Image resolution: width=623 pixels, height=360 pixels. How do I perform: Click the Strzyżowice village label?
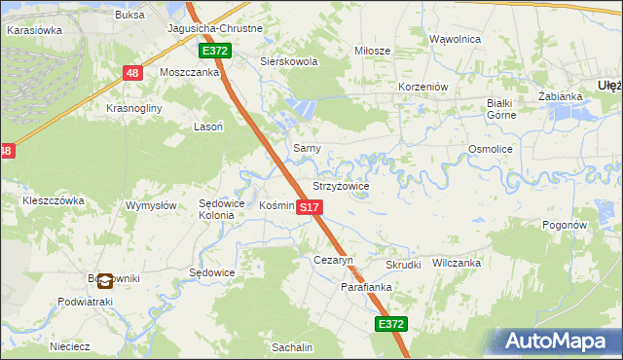[341, 186]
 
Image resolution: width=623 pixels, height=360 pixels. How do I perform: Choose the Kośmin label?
[276, 205]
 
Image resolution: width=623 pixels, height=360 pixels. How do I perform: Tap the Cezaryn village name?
[332, 261]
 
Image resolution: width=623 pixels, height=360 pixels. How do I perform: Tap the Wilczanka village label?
[457, 263]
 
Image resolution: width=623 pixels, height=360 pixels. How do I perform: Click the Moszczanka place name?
[190, 72]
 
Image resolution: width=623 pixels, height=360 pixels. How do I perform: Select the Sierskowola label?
[289, 61]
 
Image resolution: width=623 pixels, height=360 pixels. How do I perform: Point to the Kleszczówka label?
[54, 200]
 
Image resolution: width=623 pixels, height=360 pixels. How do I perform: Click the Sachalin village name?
[292, 347]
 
